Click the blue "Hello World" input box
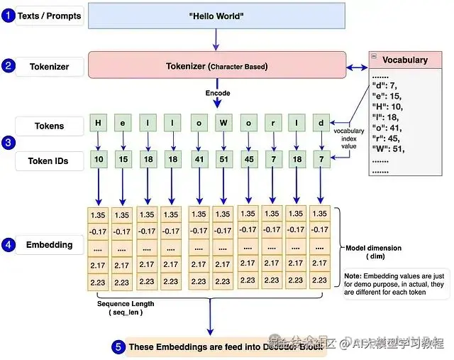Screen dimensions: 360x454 pos(216,16)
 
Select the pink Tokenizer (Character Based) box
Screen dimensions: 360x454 pos(216,66)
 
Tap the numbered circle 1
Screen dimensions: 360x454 pos(9,16)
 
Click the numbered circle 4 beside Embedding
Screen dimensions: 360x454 pos(9,245)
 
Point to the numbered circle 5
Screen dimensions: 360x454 pos(119,347)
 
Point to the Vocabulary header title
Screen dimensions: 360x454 pos(405,60)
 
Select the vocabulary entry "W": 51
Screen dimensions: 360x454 pos(389,148)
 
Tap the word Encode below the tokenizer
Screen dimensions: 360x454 pos(218,94)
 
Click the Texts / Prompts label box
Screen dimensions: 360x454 pos(50,16)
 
